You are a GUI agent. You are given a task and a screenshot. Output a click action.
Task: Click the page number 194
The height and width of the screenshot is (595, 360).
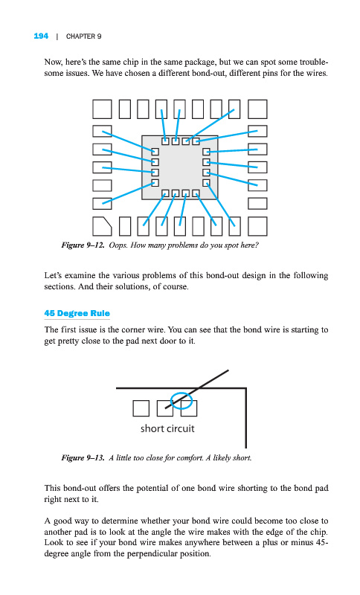tap(41, 36)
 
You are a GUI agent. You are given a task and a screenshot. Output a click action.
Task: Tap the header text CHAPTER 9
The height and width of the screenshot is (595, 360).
tap(83, 36)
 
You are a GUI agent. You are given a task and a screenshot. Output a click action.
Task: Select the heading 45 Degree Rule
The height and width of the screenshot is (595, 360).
tap(77, 313)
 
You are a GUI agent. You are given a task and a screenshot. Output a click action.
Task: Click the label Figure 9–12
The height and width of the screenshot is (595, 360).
tap(83, 245)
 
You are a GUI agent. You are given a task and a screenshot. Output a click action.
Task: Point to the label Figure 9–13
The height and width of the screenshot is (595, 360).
tap(83, 457)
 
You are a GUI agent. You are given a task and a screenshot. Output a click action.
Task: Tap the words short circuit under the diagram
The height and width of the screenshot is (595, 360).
tap(167, 429)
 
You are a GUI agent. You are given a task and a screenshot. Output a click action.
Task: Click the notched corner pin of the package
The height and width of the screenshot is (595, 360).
tap(102, 226)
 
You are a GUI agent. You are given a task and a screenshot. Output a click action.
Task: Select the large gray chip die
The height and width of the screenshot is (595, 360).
tap(180, 167)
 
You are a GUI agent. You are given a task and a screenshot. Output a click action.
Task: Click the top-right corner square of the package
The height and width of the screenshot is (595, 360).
tap(257, 109)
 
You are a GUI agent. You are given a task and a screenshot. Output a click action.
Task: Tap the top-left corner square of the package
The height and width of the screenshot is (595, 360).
tap(102, 109)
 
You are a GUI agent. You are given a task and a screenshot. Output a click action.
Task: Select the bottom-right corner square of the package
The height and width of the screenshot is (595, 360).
tap(257, 226)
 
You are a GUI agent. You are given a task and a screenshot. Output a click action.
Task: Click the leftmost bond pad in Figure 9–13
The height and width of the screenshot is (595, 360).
tap(141, 408)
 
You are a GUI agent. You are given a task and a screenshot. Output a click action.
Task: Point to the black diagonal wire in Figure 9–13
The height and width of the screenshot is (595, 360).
tap(197, 389)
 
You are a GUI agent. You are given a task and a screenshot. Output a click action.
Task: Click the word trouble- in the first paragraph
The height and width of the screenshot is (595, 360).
tap(314, 62)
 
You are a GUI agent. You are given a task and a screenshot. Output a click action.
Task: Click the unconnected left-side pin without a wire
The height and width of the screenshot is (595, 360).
tap(102, 185)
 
